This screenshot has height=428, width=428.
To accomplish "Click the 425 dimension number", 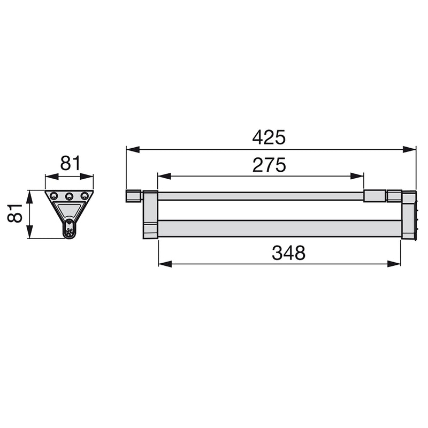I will (269, 137).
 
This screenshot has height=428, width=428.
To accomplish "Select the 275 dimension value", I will (269, 165).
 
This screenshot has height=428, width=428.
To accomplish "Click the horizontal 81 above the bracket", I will (70, 163).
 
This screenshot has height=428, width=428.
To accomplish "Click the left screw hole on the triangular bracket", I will (54, 196).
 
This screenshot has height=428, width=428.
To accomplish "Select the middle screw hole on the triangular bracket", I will (69, 196).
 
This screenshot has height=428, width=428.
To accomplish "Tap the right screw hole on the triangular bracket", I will (84, 196).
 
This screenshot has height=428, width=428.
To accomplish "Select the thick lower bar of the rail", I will (278, 228).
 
